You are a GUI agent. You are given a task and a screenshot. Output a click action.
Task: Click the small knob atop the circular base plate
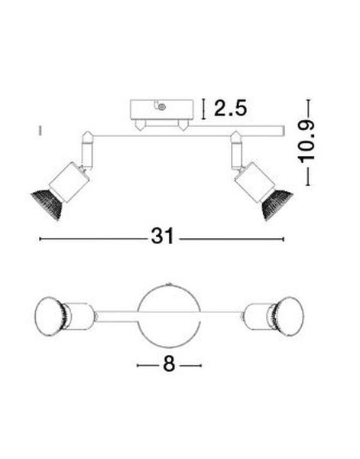(169, 280)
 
